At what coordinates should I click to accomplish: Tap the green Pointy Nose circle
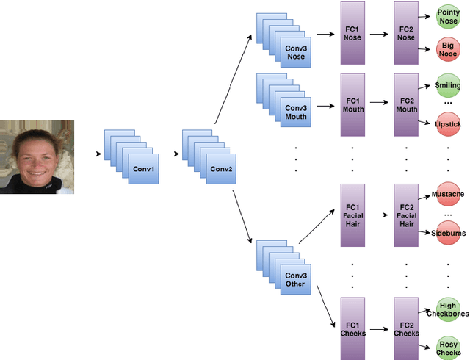pos(448,16)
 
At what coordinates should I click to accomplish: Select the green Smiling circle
pos(447,86)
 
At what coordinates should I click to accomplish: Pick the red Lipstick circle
pos(447,123)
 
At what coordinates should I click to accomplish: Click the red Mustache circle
pos(447,194)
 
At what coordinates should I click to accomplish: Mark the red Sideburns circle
pos(447,232)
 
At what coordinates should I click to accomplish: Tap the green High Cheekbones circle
pos(447,309)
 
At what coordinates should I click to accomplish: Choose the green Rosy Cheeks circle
pos(447,347)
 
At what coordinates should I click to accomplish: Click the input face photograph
pos(37,156)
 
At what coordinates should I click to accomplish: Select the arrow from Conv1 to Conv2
pos(170,154)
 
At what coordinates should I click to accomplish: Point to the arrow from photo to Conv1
pos(89,154)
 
